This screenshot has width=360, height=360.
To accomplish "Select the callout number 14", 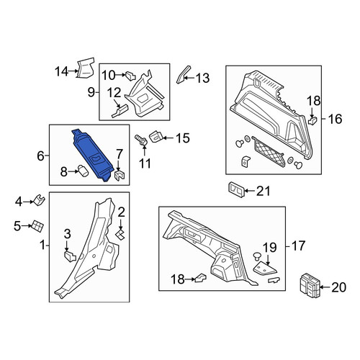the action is point(62,71).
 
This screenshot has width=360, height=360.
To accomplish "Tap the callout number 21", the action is point(263,191).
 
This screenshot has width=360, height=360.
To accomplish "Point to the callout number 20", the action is point(338,287).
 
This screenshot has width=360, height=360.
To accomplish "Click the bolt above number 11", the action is point(141,140).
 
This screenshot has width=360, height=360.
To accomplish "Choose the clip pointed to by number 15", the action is point(156,137).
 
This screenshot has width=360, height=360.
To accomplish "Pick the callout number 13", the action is point(203,78).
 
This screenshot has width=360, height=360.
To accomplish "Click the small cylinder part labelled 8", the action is point(82,171).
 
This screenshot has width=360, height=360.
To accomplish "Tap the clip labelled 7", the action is point(120,174).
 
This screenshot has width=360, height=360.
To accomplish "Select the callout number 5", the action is point(17,226).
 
